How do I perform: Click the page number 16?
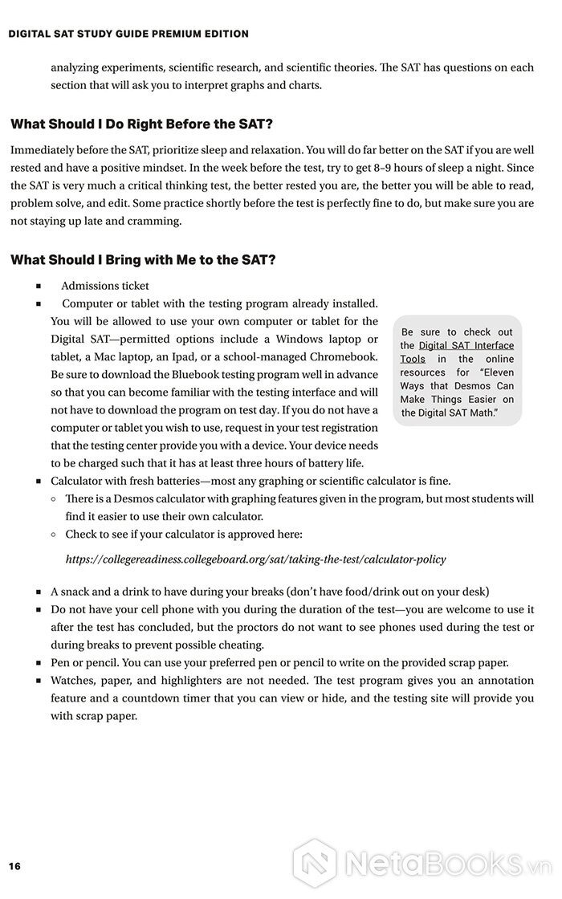[x=14, y=865]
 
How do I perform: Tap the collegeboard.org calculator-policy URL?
[x=255, y=559]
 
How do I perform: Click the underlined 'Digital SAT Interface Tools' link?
[x=456, y=352]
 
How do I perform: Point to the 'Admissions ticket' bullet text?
[x=105, y=286]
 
